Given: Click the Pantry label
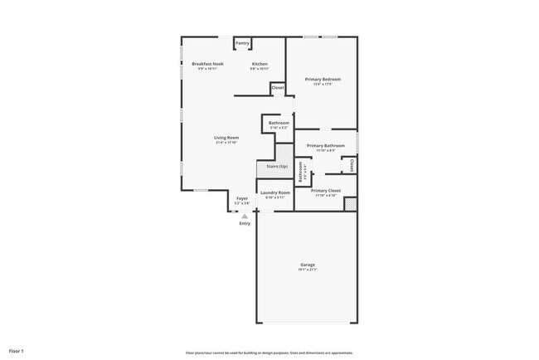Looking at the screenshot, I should click(x=242, y=43).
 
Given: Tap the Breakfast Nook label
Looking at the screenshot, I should click(x=207, y=64).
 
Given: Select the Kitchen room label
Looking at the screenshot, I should click(x=260, y=64).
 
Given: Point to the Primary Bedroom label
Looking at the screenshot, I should click(x=323, y=79).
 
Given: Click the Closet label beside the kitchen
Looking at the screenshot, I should click(x=277, y=87).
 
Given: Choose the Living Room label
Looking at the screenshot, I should click(x=226, y=137).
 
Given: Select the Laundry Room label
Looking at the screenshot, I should click(x=275, y=192).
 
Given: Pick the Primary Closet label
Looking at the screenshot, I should click(x=325, y=190).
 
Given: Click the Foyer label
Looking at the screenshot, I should click(x=242, y=198).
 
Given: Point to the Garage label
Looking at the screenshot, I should click(x=308, y=265).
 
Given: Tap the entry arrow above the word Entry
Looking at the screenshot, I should click(x=244, y=216).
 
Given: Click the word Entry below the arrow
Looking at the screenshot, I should click(x=244, y=223).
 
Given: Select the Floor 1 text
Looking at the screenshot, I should click(x=17, y=351).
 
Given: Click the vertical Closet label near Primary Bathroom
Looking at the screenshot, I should click(x=352, y=165).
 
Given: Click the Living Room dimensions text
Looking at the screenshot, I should click(x=226, y=143).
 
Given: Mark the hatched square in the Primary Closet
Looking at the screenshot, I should click(x=350, y=203).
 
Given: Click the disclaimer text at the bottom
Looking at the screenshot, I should click(x=269, y=351).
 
